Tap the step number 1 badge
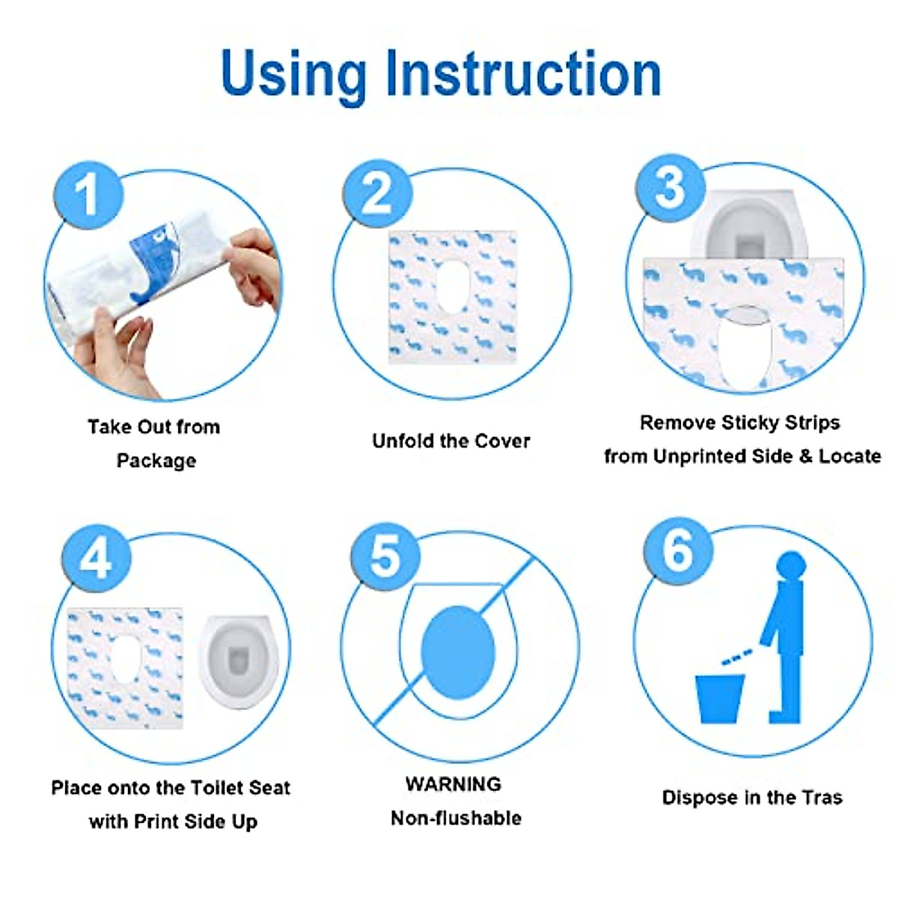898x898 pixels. (88, 195)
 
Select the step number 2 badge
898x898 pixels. (377, 194)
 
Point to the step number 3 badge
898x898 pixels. (670, 189)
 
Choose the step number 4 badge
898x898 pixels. (97, 558)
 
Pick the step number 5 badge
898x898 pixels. (385, 557)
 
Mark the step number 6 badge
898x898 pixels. (678, 552)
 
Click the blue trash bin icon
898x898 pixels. (720, 699)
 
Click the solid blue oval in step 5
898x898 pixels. (458, 653)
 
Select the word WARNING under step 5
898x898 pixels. (453, 784)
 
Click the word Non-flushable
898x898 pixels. (456, 819)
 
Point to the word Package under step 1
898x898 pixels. (156, 461)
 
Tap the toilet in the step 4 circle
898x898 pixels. (239, 662)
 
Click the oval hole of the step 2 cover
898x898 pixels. (453, 286)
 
